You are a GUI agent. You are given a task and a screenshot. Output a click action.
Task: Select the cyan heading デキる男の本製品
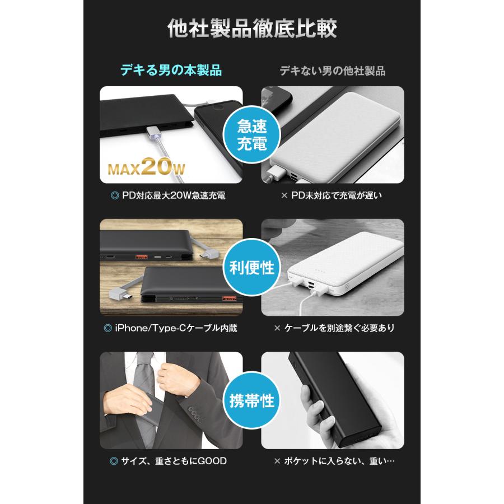[171, 71]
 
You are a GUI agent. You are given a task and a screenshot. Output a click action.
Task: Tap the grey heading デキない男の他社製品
[333, 71]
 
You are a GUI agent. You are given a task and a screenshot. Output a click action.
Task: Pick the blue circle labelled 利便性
[251, 268]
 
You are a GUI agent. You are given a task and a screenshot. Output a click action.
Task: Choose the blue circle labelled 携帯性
[251, 401]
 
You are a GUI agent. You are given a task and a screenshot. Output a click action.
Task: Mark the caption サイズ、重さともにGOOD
[171, 461]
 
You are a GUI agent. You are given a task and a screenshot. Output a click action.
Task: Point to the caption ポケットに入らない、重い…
[335, 461]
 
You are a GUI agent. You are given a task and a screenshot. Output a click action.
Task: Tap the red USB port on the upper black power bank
[140, 257]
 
